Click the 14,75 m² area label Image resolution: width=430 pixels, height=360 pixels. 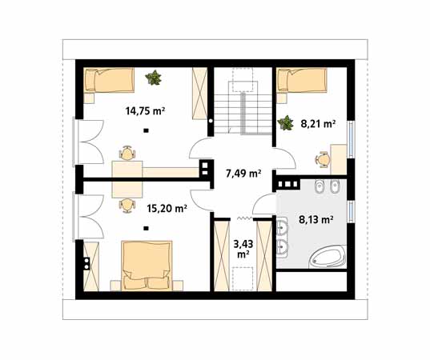click(x=145, y=111)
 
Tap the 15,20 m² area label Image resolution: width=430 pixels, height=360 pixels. click(x=167, y=209)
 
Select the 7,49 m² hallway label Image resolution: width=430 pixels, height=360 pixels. click(x=243, y=173)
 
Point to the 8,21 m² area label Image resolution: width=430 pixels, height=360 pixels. click(x=318, y=124)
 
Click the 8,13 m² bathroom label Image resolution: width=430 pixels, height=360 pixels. click(x=316, y=219)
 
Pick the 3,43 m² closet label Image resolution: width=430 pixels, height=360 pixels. click(x=243, y=249)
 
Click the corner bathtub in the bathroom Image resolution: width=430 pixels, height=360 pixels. click(x=328, y=257)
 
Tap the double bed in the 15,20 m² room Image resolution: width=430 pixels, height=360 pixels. click(x=147, y=266)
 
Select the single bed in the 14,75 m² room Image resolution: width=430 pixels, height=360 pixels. click(x=109, y=80)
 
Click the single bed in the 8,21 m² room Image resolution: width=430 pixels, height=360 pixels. click(x=302, y=80)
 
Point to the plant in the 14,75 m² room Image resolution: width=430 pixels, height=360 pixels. click(x=153, y=78)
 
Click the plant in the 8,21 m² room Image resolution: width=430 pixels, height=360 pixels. click(x=285, y=122)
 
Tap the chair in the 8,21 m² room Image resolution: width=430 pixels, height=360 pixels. click(x=323, y=159)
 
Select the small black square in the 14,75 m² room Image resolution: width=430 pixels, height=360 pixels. click(x=147, y=130)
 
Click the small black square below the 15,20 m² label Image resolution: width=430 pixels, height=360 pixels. click(x=147, y=228)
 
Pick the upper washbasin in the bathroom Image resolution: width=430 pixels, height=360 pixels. click(x=282, y=226)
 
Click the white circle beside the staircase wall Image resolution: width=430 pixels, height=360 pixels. click(x=211, y=121)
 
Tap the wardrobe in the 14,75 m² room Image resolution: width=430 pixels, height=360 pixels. click(x=199, y=94)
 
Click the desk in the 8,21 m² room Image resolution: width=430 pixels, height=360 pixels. click(x=339, y=159)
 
